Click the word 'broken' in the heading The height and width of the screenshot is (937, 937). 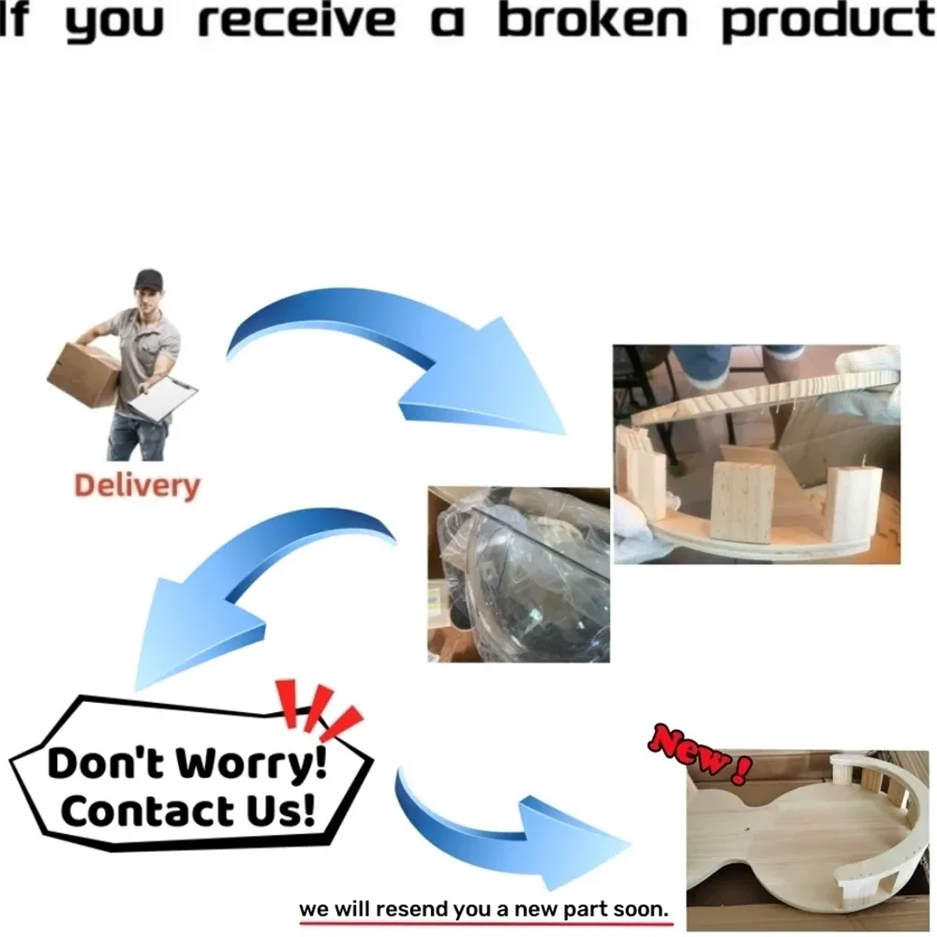(x=593, y=21)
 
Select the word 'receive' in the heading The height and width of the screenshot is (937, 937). (x=296, y=21)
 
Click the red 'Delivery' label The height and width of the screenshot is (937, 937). (x=137, y=486)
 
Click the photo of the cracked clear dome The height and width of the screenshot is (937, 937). (x=519, y=574)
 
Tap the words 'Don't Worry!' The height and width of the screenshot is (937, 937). (x=187, y=763)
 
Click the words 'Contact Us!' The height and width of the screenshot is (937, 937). (x=187, y=811)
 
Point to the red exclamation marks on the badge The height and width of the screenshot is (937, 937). (x=318, y=708)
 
